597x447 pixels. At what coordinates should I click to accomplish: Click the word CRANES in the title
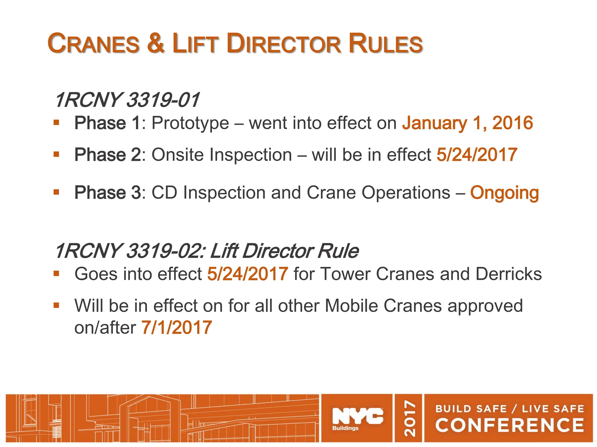pos(94,44)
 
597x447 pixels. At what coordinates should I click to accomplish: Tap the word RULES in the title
pos(385,44)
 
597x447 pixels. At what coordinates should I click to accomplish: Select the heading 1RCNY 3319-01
pos(127,100)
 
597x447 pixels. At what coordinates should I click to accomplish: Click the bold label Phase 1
pos(108,123)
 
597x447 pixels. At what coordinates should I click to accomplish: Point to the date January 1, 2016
pos(467,123)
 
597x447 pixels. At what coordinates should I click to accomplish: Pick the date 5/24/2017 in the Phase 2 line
pos(477,155)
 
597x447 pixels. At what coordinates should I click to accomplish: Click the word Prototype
pos(190,123)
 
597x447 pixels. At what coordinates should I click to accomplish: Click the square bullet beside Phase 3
pos(56,192)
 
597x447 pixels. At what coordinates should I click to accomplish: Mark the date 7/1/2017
pos(177,328)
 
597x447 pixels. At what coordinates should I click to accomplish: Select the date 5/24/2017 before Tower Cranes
pos(248,274)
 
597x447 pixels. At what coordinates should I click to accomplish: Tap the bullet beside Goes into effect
pos(56,274)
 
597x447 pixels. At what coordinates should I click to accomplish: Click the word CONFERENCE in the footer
pos(509,425)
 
